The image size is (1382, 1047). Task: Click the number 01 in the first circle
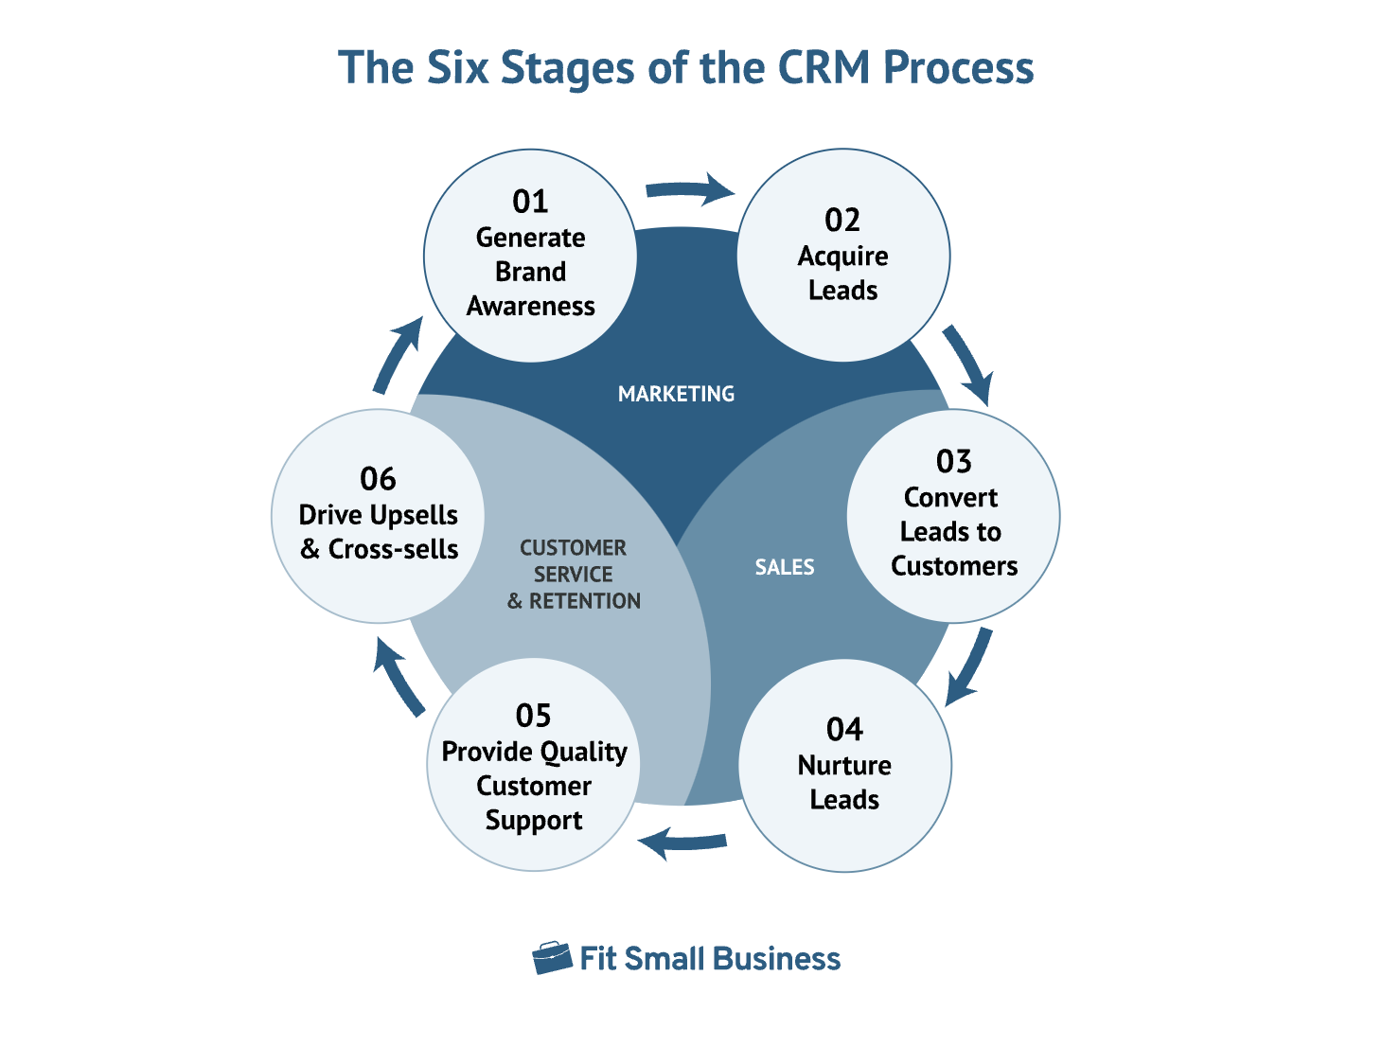pyautogui.click(x=530, y=202)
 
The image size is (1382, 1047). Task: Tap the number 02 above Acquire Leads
pyautogui.click(x=842, y=221)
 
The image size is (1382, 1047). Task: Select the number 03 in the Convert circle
pyautogui.click(x=953, y=462)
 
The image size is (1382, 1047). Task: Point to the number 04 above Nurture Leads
pyautogui.click(x=844, y=730)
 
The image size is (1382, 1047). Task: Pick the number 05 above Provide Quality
pyautogui.click(x=533, y=716)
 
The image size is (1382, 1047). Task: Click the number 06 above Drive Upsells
pyautogui.click(x=378, y=479)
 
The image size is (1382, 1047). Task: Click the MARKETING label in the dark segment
pyautogui.click(x=676, y=394)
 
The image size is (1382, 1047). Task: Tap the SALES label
pyautogui.click(x=784, y=567)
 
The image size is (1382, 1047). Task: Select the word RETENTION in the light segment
pyautogui.click(x=584, y=601)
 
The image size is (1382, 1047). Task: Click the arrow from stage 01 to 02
pyautogui.click(x=690, y=190)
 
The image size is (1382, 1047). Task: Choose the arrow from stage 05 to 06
pyautogui.click(x=399, y=676)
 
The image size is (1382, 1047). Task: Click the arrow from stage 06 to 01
pyautogui.click(x=398, y=354)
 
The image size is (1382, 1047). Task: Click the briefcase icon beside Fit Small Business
pyautogui.click(x=552, y=958)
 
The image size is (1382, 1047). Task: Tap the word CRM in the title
pyautogui.click(x=824, y=68)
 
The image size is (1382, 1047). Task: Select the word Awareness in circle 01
pyautogui.click(x=530, y=307)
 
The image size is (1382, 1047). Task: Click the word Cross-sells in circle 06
pyautogui.click(x=393, y=549)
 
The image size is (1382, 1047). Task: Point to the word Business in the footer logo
pyautogui.click(x=776, y=959)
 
